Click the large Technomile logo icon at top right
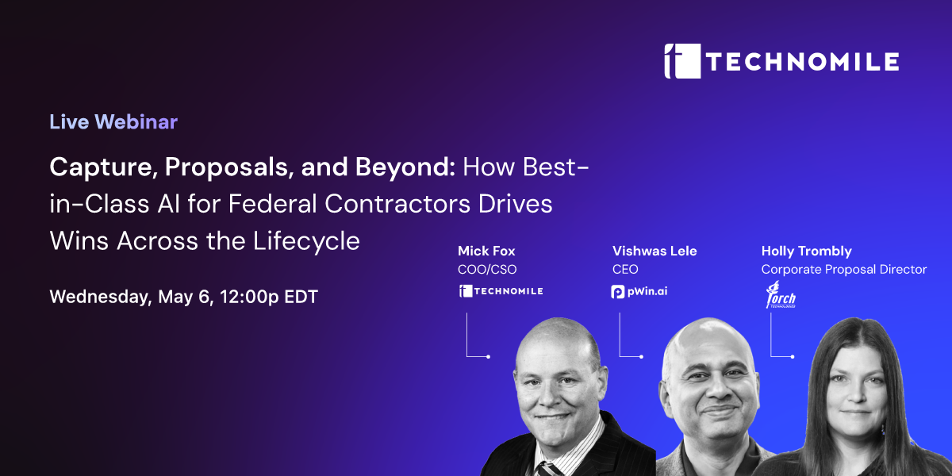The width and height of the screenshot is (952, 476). point(682,61)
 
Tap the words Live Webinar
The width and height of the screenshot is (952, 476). point(113,122)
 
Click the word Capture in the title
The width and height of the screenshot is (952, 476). point(100,167)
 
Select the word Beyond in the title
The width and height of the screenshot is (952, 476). point(405,167)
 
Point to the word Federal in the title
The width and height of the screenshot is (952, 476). point(273,204)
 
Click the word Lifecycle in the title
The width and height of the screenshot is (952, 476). point(306,241)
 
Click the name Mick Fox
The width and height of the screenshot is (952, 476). point(486,251)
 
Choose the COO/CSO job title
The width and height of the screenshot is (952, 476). point(487,270)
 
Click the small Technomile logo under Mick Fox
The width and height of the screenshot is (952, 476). point(501,291)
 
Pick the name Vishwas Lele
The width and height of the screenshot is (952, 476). point(654,251)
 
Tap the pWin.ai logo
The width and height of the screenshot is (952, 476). point(639,292)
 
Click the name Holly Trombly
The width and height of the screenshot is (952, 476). point(807,251)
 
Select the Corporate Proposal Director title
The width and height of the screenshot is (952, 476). point(844,270)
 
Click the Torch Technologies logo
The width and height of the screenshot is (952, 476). point(781,294)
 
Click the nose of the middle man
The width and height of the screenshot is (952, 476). point(718,388)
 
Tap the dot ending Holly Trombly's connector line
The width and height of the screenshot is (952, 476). point(793,357)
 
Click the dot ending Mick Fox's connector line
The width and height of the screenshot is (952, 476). point(489,357)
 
